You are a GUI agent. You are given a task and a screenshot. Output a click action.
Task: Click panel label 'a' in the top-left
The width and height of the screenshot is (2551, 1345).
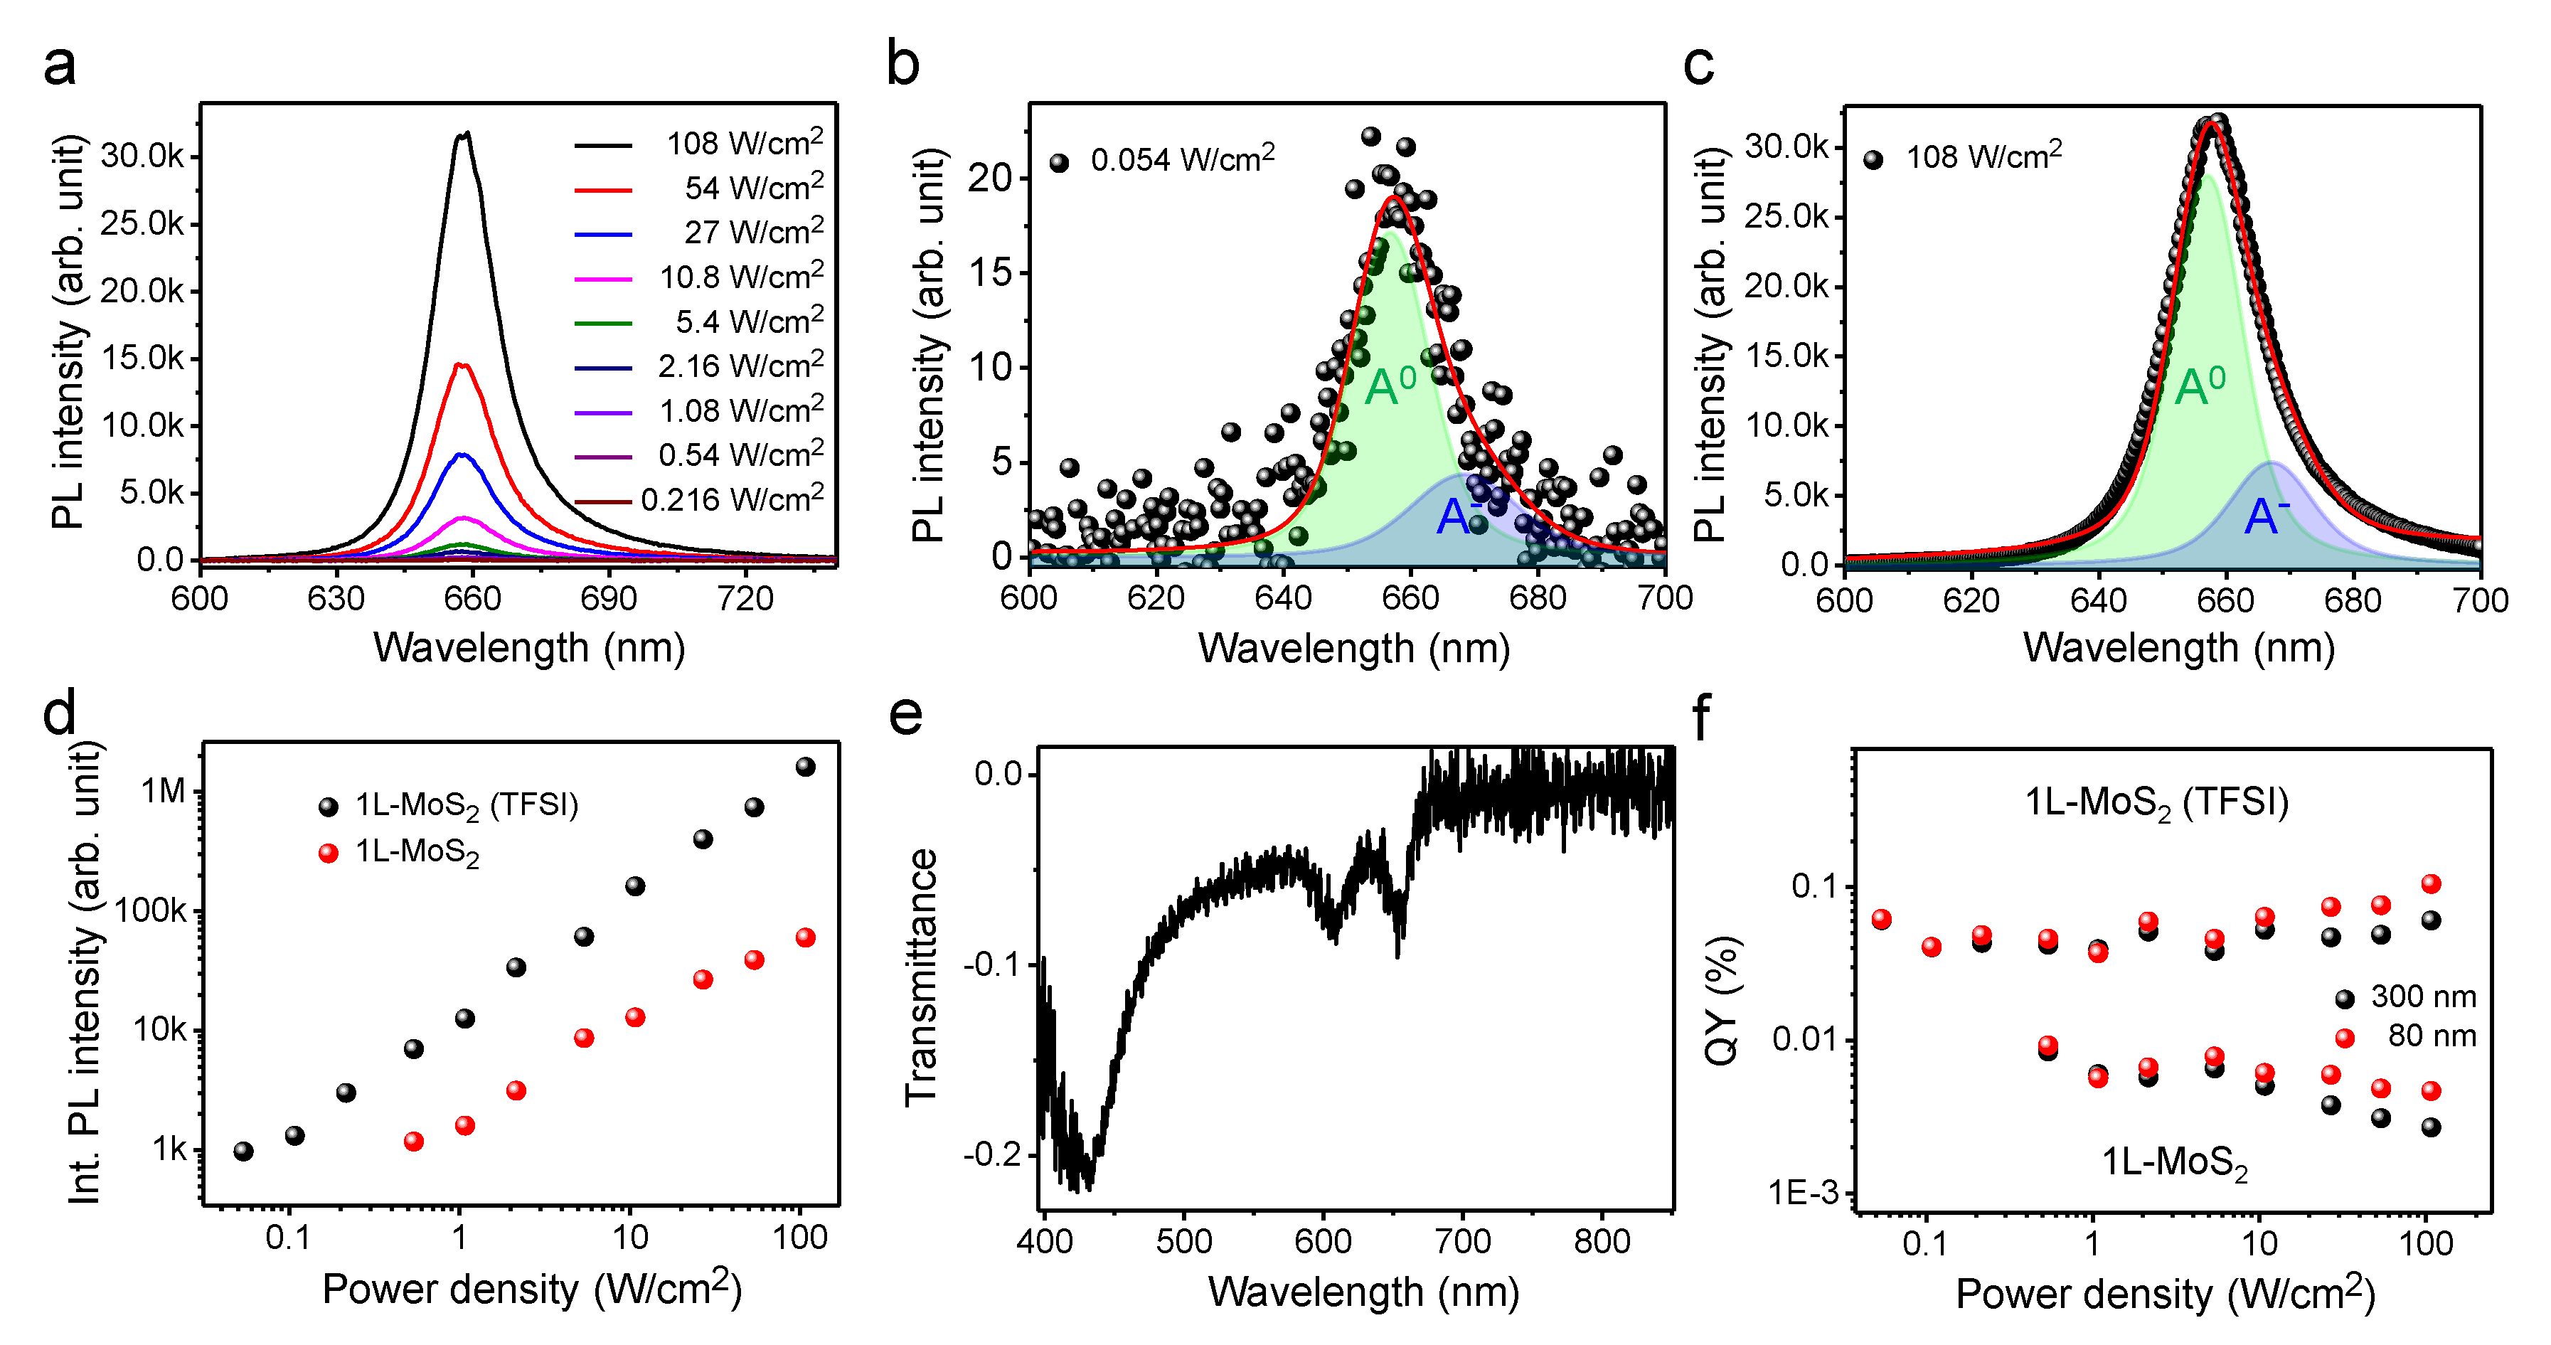click(x=60, y=68)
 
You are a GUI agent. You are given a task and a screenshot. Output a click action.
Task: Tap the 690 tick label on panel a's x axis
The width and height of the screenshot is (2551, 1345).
click(x=608, y=599)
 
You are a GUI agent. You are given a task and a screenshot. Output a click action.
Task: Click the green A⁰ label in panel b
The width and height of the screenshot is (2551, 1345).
click(x=1390, y=386)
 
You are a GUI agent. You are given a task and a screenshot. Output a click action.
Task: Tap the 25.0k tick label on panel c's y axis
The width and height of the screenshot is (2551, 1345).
click(x=1786, y=216)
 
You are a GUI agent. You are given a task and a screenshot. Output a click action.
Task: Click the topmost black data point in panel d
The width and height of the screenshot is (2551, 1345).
click(x=805, y=767)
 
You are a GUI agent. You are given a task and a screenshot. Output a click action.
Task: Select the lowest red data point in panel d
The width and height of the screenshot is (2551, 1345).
click(x=414, y=1141)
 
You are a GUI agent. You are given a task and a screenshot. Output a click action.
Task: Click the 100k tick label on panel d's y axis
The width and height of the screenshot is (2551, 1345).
click(x=151, y=911)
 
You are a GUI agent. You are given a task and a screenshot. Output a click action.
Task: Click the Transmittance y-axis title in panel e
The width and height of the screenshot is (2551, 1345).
click(x=921, y=976)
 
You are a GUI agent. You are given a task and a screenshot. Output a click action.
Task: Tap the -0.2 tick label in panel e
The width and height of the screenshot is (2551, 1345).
click(x=994, y=1155)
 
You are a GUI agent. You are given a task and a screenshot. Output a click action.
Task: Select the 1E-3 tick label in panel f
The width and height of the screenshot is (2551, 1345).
click(x=1804, y=1194)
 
